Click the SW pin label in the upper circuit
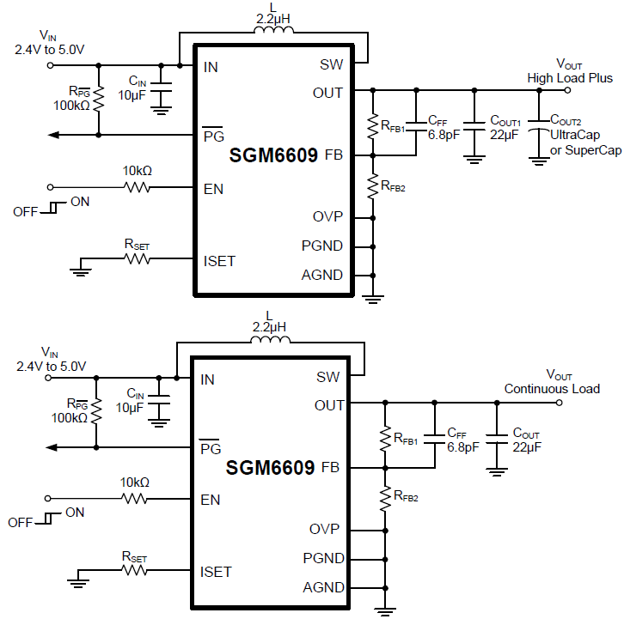pos(331,65)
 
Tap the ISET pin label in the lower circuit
pos(217,571)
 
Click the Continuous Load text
pos(552,389)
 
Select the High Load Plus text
pos(570,78)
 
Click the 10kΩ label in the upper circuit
pos(137,171)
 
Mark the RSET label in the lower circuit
pos(135,557)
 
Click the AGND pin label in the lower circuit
pos(323,588)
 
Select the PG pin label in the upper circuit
pos(211,136)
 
